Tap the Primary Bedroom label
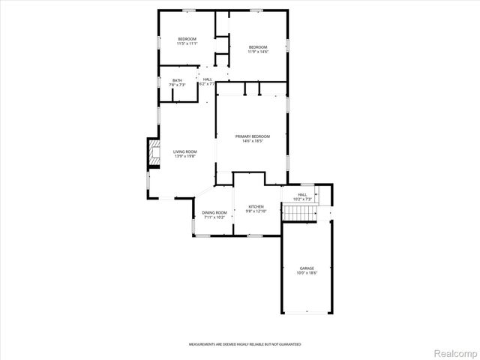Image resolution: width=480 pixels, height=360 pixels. pyautogui.click(x=252, y=136)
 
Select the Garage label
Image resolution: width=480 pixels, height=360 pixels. pyautogui.click(x=307, y=268)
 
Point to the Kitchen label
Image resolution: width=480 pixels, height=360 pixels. pyautogui.click(x=256, y=206)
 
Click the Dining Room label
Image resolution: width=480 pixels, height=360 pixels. pyautogui.click(x=214, y=212)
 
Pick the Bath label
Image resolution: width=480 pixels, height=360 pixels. pyautogui.click(x=177, y=80)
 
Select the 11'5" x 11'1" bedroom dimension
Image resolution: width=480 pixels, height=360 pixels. pyautogui.click(x=187, y=44)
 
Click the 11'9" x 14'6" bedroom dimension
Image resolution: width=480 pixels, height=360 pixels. pyautogui.click(x=257, y=52)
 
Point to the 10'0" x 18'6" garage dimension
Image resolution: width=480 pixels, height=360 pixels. pyautogui.click(x=307, y=273)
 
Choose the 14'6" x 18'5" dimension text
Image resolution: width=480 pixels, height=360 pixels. pyautogui.click(x=252, y=141)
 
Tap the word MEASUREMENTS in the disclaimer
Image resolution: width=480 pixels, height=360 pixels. pyautogui.click(x=202, y=343)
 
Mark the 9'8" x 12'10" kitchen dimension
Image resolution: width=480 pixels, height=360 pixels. pyautogui.click(x=256, y=211)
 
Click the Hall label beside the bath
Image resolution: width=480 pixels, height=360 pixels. pyautogui.click(x=208, y=79)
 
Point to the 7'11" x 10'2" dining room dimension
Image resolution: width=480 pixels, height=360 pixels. pyautogui.click(x=214, y=217)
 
